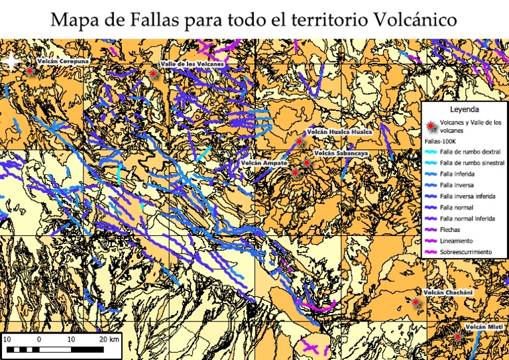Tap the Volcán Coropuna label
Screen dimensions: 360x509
(63, 61)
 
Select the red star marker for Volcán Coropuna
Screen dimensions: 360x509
(29, 70)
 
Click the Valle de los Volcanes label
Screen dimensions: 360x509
(192, 64)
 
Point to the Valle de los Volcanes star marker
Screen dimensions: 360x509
(154, 75)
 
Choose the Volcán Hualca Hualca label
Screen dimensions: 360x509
(339, 132)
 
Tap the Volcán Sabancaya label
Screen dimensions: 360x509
(342, 154)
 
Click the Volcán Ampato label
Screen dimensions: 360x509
(264, 162)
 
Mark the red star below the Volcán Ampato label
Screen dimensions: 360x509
(295, 172)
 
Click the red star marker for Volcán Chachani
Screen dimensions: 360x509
(416, 302)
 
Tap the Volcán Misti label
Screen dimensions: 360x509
(484, 328)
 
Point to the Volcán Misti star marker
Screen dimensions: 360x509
(457, 337)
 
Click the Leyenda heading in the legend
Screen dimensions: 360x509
(464, 109)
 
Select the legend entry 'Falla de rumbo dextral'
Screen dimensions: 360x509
(470, 152)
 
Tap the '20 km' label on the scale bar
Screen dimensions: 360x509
(109, 339)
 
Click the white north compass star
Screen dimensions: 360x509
(12, 62)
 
